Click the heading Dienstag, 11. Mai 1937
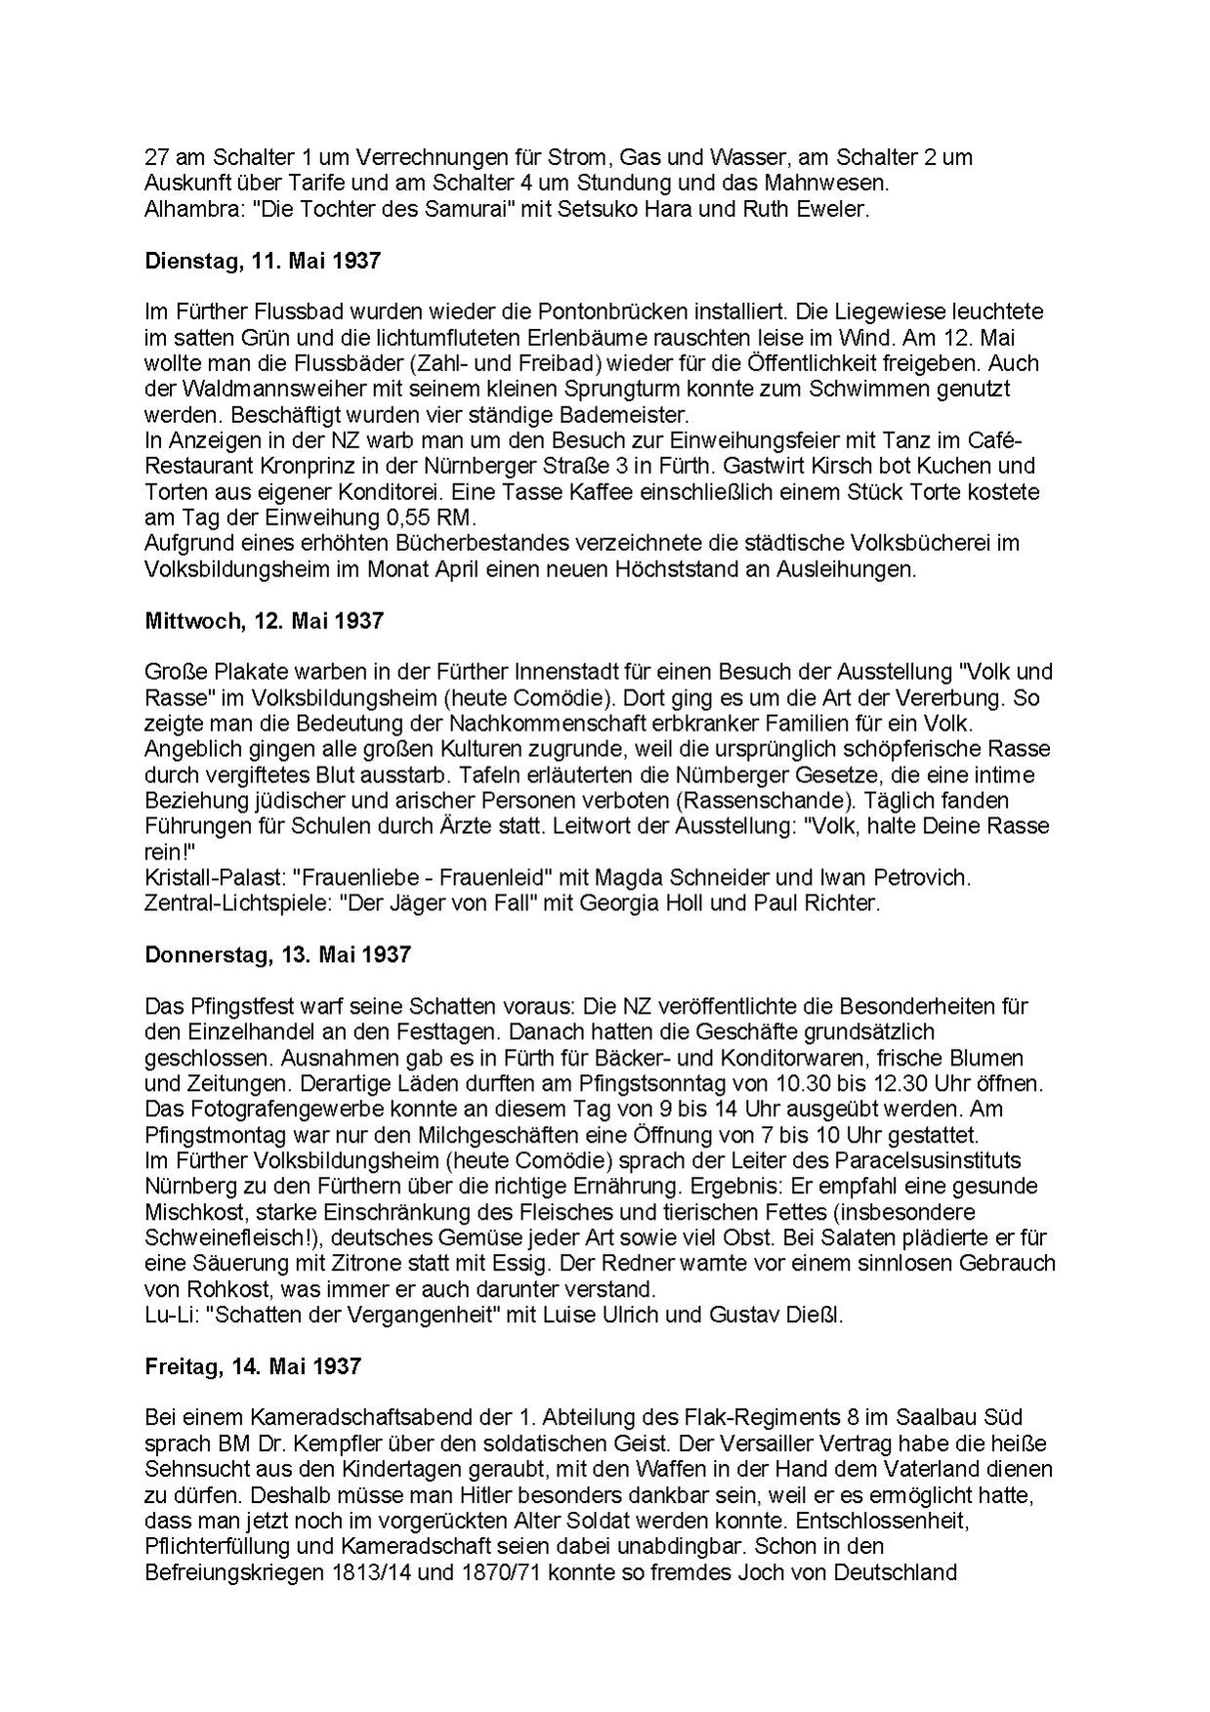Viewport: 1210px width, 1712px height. coord(263,261)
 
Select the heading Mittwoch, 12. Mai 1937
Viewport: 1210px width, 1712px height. coord(264,620)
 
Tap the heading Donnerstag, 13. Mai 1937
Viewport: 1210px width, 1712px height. coord(277,954)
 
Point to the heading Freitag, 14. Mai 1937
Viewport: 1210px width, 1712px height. coord(253,1365)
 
